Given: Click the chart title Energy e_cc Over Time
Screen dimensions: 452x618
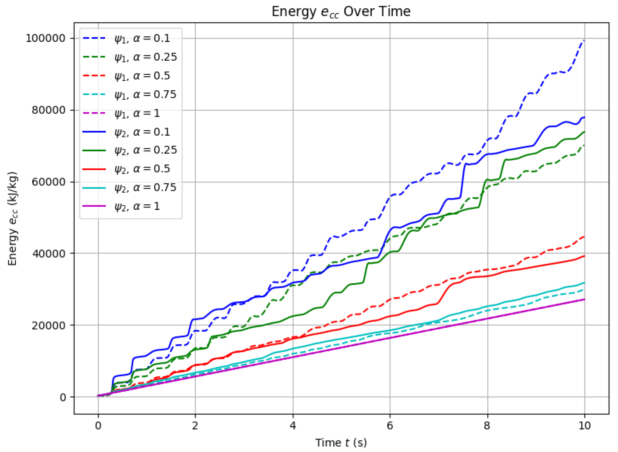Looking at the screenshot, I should (x=341, y=11).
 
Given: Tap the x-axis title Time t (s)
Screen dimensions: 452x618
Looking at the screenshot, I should (x=341, y=442).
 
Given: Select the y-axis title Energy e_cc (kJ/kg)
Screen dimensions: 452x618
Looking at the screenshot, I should (x=13, y=219).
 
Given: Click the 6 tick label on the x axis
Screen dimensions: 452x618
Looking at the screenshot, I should (x=390, y=426).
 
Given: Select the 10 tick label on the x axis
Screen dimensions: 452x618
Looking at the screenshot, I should (x=584, y=426).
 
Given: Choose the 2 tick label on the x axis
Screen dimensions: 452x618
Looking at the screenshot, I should (x=195, y=426).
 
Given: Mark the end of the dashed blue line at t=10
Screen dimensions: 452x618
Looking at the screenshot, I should (x=584, y=40).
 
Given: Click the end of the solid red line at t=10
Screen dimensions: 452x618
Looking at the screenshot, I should (x=584, y=256).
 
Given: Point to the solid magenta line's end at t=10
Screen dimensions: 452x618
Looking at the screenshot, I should (x=584, y=299).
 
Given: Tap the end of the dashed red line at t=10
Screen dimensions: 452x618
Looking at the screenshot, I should (x=584, y=236).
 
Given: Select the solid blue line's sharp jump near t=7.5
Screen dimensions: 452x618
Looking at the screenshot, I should (x=462, y=181).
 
